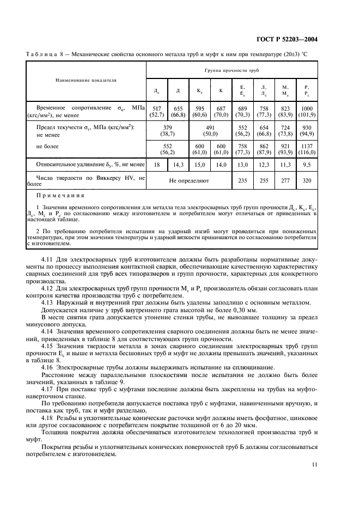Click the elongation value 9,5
coord(307,163)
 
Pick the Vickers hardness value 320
coord(307,179)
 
